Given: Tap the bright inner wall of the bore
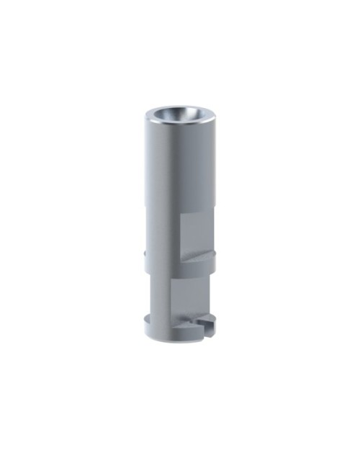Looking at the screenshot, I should pos(189,114).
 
